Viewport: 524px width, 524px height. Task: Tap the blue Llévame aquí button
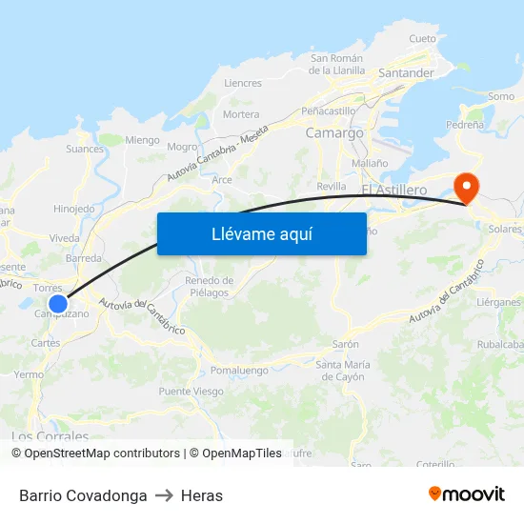(261, 233)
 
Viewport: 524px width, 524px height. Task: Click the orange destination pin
(467, 186)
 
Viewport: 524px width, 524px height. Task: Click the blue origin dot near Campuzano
(58, 304)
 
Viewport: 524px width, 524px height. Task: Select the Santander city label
(406, 72)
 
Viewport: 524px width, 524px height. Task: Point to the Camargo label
(334, 133)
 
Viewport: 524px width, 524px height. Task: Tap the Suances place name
(85, 149)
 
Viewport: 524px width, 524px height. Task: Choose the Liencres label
(242, 83)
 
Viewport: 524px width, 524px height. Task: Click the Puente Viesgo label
(191, 392)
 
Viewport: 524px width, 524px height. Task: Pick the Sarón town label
(345, 344)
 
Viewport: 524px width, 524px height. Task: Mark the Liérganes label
(498, 302)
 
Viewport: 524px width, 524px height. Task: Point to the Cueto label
(422, 39)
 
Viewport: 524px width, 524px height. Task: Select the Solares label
(504, 230)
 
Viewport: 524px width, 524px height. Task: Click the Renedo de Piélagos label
(210, 287)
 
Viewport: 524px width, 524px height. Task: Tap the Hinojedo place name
(74, 209)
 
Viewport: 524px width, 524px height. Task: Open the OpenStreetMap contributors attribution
(101, 453)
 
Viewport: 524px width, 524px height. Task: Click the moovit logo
(467, 494)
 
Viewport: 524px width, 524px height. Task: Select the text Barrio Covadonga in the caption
(83, 495)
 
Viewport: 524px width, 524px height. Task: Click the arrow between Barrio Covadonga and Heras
(164, 495)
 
